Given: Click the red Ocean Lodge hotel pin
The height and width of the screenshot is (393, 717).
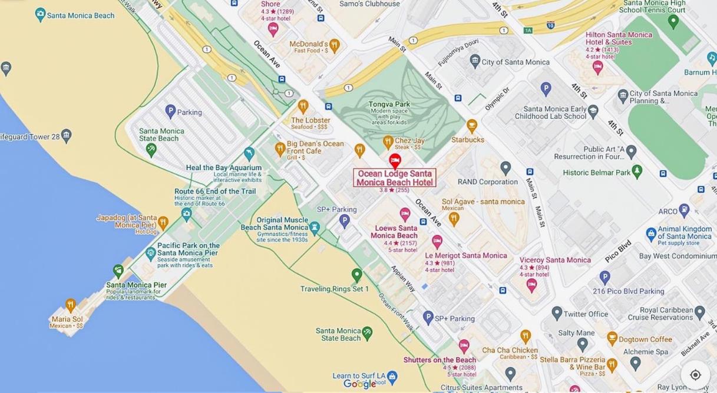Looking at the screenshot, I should pyautogui.click(x=395, y=161).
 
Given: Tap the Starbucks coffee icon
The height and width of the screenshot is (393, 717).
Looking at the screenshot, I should pyautogui.click(x=472, y=125).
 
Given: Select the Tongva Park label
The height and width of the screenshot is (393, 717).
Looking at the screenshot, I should pyautogui.click(x=389, y=104).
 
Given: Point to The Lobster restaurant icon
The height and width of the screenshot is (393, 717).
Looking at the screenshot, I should pyautogui.click(x=303, y=106).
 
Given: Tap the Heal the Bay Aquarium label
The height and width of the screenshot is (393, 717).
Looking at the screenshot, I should pyautogui.click(x=223, y=168).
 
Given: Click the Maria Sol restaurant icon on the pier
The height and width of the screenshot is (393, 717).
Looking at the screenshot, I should pyautogui.click(x=71, y=305).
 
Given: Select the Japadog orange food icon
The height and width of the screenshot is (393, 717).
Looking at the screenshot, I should pyautogui.click(x=163, y=222).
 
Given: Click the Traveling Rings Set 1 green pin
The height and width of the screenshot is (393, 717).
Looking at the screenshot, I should pyautogui.click(x=356, y=274).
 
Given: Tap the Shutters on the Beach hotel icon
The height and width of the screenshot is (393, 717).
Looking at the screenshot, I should pyautogui.click(x=464, y=345).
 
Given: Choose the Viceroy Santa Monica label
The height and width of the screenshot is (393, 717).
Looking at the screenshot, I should pyautogui.click(x=555, y=260).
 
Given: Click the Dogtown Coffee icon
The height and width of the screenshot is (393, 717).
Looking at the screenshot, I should pyautogui.click(x=612, y=339).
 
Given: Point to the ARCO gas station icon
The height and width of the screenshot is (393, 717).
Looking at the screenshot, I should pyautogui.click(x=684, y=209).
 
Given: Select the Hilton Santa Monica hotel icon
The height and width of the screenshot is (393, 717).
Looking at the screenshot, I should pyautogui.click(x=598, y=67).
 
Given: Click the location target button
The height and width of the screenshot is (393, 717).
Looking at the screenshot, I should pyautogui.click(x=695, y=375).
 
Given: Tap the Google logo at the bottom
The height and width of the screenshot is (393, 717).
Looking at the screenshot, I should pyautogui.click(x=359, y=384).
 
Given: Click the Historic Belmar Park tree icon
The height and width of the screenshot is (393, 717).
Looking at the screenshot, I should pyautogui.click(x=637, y=171).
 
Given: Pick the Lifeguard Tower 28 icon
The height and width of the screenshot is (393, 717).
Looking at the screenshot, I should pyautogui.click(x=67, y=136).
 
